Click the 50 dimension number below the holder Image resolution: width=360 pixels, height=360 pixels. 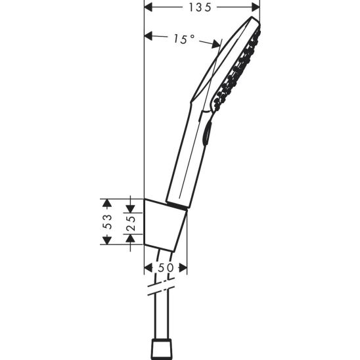click(166, 268)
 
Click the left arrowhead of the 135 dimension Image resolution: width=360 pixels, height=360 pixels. click(148, 8)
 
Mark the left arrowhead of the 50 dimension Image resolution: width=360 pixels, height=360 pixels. click(146, 268)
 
